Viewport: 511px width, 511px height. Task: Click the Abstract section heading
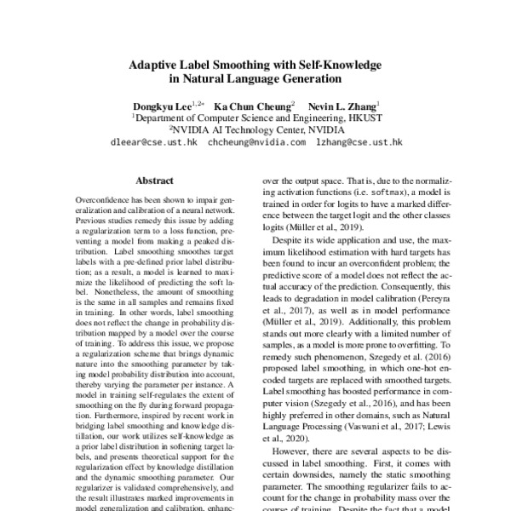coord(154,181)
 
